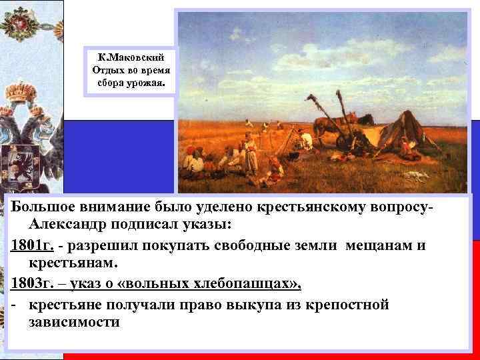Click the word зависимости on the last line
74,323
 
